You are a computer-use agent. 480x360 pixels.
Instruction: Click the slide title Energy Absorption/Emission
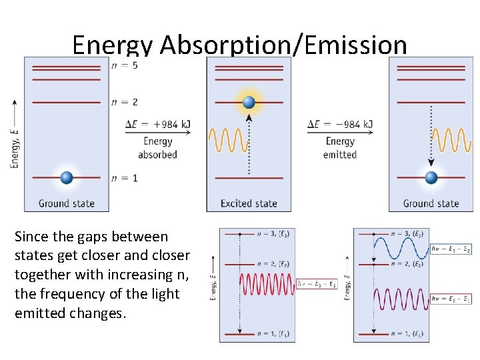(x=239, y=45)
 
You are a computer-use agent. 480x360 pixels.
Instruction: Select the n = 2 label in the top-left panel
(x=125, y=102)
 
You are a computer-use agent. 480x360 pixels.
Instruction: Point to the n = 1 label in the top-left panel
(x=125, y=178)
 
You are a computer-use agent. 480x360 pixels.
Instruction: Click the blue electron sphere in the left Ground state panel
(x=66, y=177)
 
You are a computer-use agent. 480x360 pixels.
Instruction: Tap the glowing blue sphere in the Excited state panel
(x=249, y=102)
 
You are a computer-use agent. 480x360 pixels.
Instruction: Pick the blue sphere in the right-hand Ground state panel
(x=431, y=177)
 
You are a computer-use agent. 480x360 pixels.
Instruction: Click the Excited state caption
(x=249, y=203)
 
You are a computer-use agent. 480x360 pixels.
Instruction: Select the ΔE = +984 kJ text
(x=157, y=124)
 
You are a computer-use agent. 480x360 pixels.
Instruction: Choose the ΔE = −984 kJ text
(x=340, y=124)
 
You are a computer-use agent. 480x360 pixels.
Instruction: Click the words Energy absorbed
(x=157, y=148)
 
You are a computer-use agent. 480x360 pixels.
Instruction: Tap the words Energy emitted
(x=340, y=148)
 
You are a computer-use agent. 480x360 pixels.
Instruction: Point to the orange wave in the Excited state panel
(x=227, y=140)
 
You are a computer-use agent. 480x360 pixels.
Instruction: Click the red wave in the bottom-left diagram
(x=267, y=284)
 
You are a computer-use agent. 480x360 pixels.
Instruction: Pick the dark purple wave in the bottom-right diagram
(x=400, y=299)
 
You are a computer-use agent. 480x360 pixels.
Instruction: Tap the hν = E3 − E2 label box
(x=451, y=249)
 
